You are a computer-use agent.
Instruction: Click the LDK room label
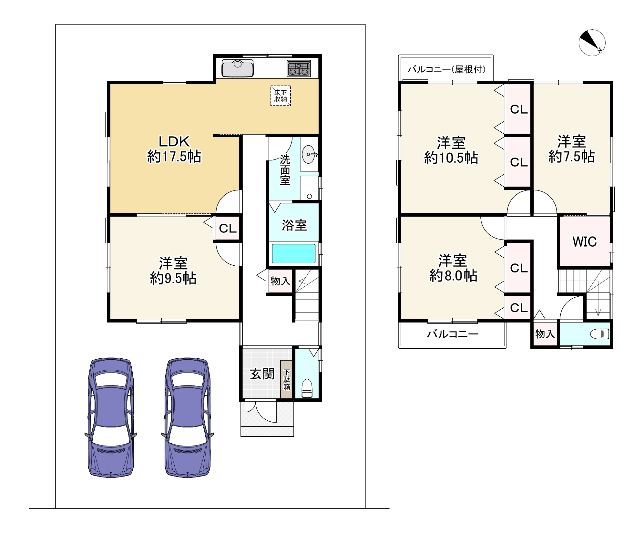pos(174,141)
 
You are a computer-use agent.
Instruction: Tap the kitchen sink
pos(238,68)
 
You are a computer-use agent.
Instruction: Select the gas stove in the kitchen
pos(299,69)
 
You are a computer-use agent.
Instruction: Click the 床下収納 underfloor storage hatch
pos(281,96)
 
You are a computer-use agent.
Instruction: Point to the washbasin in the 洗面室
pos(309,155)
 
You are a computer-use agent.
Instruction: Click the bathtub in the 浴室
pos(294,253)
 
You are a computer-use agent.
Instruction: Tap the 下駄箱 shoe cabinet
pos(286,379)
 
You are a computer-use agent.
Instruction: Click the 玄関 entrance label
pos(262,374)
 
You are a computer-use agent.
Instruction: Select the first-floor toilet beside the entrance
pos(307,388)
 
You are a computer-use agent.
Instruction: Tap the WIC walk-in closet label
pos(585,241)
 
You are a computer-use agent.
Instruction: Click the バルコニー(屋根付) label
pos(447,69)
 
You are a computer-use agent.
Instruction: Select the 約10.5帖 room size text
pos(451,158)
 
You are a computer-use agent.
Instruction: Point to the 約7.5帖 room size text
pos(571,157)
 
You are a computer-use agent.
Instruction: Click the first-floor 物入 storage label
pos(281,281)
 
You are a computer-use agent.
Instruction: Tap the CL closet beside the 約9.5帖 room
pos(228,228)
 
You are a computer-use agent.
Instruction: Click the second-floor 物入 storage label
pos(545,334)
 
